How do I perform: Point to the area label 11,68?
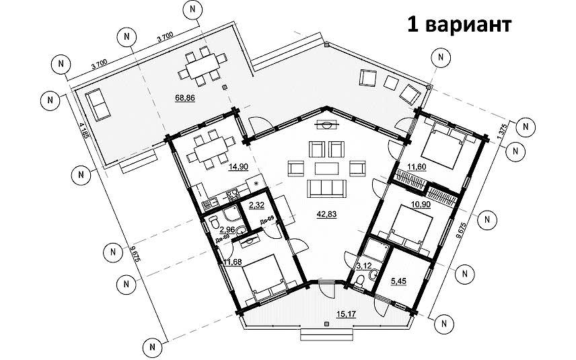point(231,262)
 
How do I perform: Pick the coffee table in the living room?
point(327,167)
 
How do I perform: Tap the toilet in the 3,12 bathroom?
point(361,281)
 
